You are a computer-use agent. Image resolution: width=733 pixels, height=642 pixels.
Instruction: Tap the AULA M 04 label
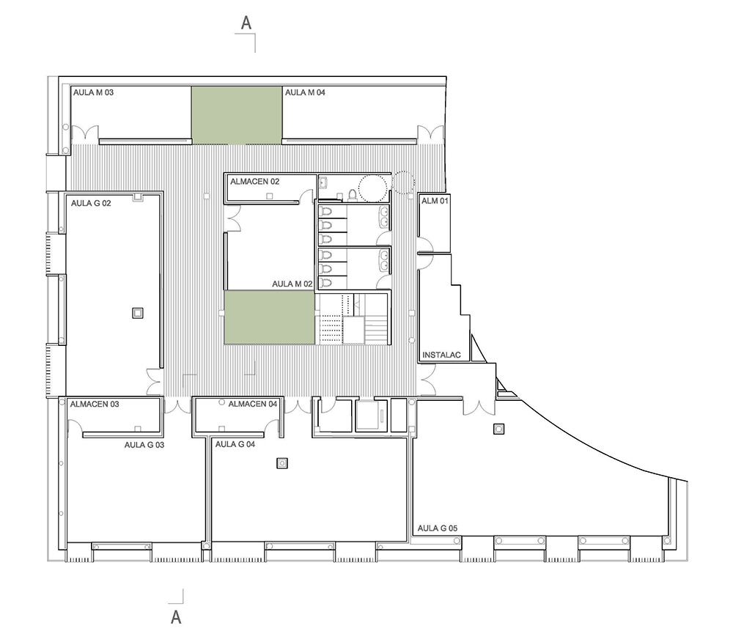[x=305, y=93]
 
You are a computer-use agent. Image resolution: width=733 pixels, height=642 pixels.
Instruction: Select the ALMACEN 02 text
[x=254, y=180]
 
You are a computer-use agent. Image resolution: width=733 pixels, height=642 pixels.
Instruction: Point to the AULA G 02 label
[x=91, y=203]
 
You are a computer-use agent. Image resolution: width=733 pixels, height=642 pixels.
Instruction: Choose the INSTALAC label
[x=442, y=355]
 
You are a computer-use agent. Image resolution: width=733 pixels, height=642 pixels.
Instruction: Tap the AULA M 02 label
[x=292, y=284]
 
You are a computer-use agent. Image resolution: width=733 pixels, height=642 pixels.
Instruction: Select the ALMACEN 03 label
[x=95, y=404]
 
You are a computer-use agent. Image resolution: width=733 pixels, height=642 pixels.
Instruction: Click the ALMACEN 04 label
[x=253, y=404]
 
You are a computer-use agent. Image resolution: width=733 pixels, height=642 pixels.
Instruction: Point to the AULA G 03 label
[x=144, y=444]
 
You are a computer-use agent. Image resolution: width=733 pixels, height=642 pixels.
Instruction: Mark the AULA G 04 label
[x=235, y=444]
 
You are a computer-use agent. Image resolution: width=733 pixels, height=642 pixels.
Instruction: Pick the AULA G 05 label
[x=438, y=528]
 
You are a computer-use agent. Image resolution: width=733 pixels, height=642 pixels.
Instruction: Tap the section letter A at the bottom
[x=176, y=617]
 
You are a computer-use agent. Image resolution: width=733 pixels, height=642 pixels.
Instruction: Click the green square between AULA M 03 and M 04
[x=237, y=114]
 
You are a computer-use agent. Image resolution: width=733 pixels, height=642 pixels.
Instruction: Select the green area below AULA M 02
[x=269, y=317]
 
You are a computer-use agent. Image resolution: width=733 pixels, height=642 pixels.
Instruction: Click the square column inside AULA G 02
[x=137, y=313]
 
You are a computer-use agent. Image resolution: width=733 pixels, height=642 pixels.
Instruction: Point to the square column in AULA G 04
[x=281, y=462]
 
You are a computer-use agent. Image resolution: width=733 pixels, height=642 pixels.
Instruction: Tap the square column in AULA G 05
[x=498, y=429]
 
